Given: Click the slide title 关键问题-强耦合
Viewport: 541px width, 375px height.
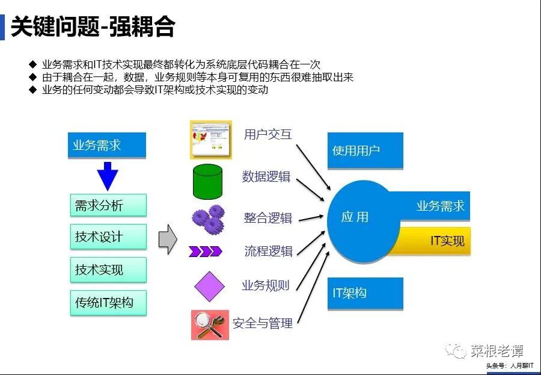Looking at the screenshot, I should (93, 27).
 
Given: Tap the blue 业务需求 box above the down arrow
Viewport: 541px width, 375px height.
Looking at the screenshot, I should (107, 146).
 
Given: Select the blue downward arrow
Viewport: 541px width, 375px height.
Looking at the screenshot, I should (108, 176).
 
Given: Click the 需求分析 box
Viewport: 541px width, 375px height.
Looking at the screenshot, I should (108, 205).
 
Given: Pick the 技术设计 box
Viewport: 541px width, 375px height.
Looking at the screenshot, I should (108, 237).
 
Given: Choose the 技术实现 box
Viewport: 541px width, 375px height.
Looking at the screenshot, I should (108, 270).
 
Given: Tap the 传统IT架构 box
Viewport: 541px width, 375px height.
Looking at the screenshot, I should (108, 302).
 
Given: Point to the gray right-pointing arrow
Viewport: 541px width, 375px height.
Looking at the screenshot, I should (167, 239).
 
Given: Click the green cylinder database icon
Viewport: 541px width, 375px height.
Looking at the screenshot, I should (207, 181).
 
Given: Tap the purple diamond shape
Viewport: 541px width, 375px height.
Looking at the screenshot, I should (209, 287).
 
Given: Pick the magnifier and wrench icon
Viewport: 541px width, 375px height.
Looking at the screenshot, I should (210, 324).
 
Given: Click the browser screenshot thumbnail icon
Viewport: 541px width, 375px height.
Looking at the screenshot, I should (210, 139).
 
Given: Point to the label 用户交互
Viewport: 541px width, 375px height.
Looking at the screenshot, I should (267, 134).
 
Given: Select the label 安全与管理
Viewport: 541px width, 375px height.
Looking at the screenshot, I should (263, 323).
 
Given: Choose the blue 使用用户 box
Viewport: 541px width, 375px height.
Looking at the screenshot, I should (365, 150).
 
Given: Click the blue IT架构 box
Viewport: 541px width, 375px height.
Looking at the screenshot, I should (365, 293).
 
